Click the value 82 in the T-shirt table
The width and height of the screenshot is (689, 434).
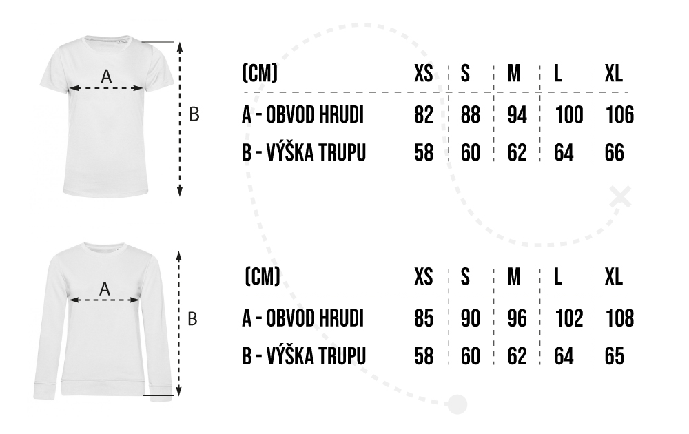click(x=424, y=114)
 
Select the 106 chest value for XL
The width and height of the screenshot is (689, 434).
click(x=619, y=114)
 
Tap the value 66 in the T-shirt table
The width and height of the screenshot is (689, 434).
click(x=614, y=152)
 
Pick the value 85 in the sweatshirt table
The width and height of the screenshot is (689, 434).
click(x=424, y=319)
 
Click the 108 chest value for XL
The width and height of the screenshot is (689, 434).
click(x=619, y=319)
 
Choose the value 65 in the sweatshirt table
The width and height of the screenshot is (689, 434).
click(x=614, y=356)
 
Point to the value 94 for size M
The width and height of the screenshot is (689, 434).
click(x=517, y=114)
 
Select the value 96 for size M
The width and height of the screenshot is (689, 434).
click(x=517, y=319)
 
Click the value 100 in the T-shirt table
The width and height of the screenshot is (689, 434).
click(x=568, y=114)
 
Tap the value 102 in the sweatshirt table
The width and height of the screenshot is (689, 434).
click(x=568, y=319)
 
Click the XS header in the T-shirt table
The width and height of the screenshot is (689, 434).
click(x=424, y=73)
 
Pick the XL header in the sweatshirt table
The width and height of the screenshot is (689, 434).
click(x=613, y=277)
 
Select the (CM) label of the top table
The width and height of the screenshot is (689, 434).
click(x=260, y=73)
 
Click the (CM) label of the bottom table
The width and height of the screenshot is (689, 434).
click(x=262, y=277)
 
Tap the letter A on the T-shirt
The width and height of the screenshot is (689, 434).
click(x=105, y=78)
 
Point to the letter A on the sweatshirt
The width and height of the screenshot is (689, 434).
click(x=105, y=289)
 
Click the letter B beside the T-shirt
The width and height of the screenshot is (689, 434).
click(x=194, y=114)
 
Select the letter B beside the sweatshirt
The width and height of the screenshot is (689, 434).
click(x=194, y=319)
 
